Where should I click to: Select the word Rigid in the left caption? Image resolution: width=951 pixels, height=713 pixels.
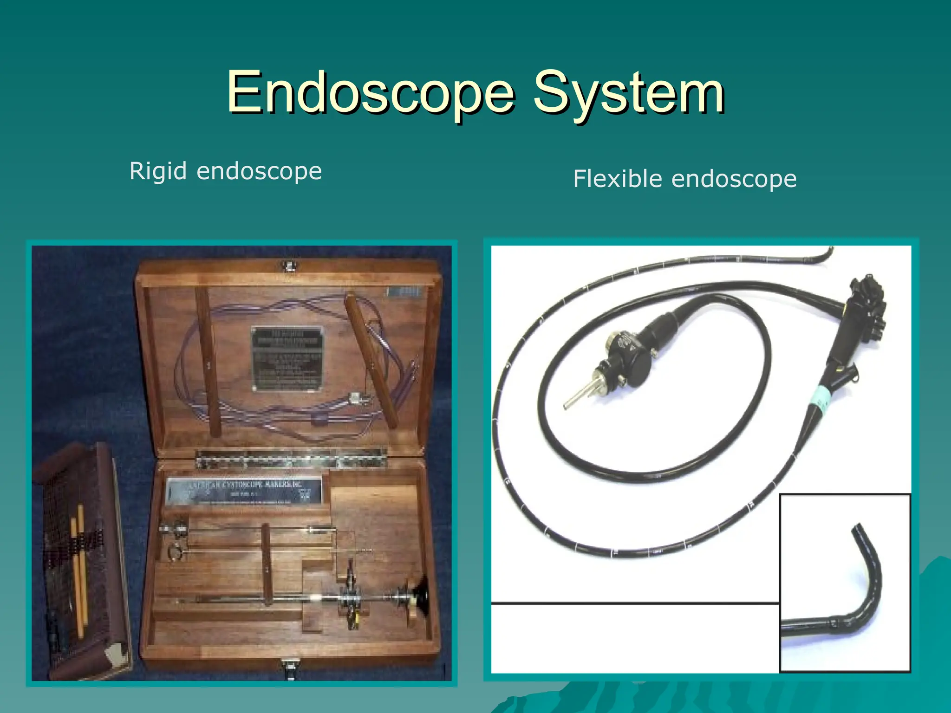point(158,171)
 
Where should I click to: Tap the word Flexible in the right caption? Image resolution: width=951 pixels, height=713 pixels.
point(618,179)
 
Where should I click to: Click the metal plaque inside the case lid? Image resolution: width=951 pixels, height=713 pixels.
point(287,358)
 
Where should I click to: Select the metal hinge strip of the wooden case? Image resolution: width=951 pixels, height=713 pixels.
point(291,459)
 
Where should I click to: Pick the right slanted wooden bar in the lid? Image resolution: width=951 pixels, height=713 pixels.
point(371,362)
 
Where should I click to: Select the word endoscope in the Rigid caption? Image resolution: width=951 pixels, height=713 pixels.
point(259,171)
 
